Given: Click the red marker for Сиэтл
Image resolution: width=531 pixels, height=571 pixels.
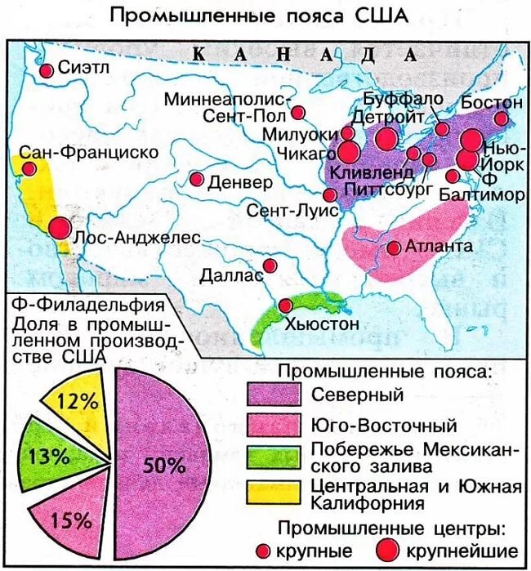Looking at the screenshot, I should pos(47,71).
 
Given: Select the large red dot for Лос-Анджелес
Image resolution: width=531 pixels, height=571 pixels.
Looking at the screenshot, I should pos(59,228).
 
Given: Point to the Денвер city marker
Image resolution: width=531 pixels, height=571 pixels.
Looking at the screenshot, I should pos(197,179).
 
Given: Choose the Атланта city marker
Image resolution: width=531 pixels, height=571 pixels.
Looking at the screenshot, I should pos(393,248).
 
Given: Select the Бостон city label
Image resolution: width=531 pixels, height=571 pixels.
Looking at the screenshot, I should pos(491,103).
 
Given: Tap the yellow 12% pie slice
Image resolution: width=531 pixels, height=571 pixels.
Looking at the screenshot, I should pos(82,404).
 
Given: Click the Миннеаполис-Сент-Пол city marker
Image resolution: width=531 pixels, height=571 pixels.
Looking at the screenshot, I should pos(298,113).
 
